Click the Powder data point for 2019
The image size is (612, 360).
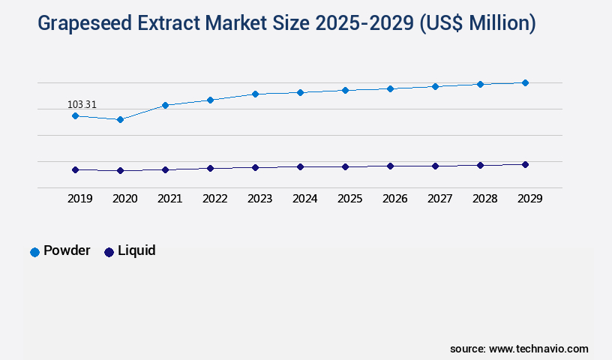tap(75, 115)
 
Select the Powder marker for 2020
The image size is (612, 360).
tap(120, 119)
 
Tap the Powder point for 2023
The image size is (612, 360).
tap(255, 94)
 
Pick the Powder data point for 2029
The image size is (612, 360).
tap(525, 82)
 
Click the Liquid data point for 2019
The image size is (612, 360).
tap(75, 169)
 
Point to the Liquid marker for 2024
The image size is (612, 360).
tap(300, 166)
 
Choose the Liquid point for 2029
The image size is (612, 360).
tap(525, 164)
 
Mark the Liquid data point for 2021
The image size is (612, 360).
tap(165, 169)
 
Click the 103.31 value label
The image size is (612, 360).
tap(82, 104)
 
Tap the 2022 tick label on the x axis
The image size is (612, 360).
tap(214, 199)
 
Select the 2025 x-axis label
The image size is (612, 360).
tap(349, 199)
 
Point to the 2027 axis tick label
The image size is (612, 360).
tap(439, 199)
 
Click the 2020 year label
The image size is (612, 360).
tap(124, 199)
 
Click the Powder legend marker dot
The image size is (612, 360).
tap(34, 252)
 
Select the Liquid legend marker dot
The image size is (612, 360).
tap(109, 252)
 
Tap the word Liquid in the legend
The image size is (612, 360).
tap(136, 250)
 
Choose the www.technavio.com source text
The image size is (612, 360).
tap(538, 349)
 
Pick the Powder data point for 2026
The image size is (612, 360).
tap(390, 88)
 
